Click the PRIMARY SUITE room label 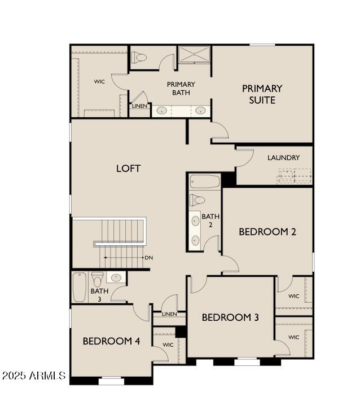point(262,94)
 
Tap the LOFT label point(129,169)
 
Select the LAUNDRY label point(283,158)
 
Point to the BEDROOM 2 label point(267,232)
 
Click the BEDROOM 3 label point(230,317)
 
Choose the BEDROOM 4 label point(111,341)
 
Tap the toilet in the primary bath point(139,58)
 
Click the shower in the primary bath point(194,54)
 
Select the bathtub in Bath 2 point(205,182)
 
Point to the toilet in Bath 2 point(197,200)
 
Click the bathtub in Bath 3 point(80,287)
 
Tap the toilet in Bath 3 point(98,279)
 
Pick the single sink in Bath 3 point(116,277)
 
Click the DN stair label point(149,258)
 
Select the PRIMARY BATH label point(181,89)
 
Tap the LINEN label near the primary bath point(139,106)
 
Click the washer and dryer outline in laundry point(295,176)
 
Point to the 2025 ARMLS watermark point(34,376)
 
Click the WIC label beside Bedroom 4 point(168,345)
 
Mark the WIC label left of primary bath point(99,81)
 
